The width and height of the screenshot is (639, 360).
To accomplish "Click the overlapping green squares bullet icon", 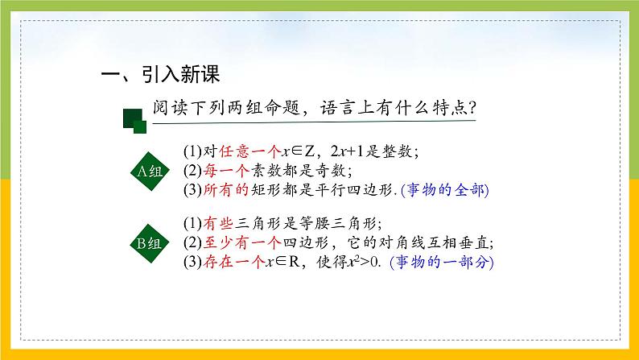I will [134, 120].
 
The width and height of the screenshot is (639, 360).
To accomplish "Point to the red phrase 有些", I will [212, 223].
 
